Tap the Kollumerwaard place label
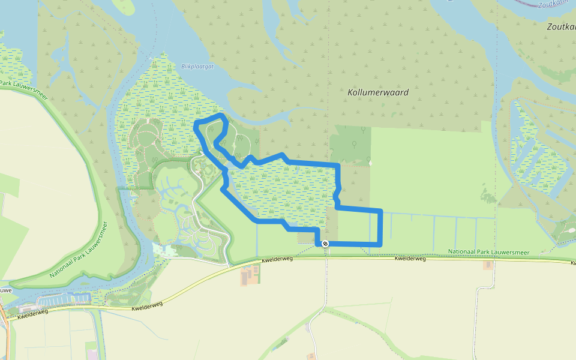tap(378, 92)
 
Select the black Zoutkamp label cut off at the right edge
tap(562, 27)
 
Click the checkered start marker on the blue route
tap(325, 244)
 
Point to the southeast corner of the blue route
tap(380, 244)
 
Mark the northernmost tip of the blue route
tap(222, 114)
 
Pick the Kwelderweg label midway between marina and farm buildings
tap(146, 307)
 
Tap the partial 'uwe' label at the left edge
tap(5, 290)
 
